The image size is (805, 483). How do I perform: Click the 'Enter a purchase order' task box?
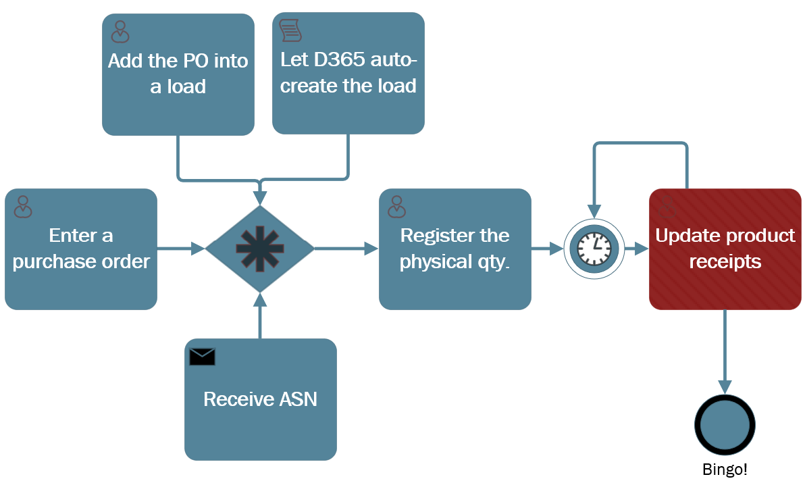click(x=81, y=249)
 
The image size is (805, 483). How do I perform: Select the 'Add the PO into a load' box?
click(x=178, y=74)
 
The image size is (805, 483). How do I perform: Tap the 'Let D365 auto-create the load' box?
click(x=348, y=74)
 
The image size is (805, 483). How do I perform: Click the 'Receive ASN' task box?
click(x=261, y=399)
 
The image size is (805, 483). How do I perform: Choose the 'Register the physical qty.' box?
click(x=455, y=249)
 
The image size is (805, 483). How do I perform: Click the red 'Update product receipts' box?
click(x=725, y=249)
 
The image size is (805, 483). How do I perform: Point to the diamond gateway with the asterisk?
click(x=260, y=249)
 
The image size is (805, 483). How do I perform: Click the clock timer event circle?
click(x=595, y=249)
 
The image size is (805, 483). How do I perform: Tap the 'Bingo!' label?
click(x=725, y=470)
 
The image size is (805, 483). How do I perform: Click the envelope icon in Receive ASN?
click(x=202, y=357)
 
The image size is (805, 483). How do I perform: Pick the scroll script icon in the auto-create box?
click(x=290, y=30)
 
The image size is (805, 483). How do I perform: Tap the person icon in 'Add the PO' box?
click(x=120, y=31)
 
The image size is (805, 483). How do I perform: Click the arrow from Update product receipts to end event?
click(x=725, y=351)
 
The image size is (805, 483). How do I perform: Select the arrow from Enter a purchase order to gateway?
click(x=181, y=249)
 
